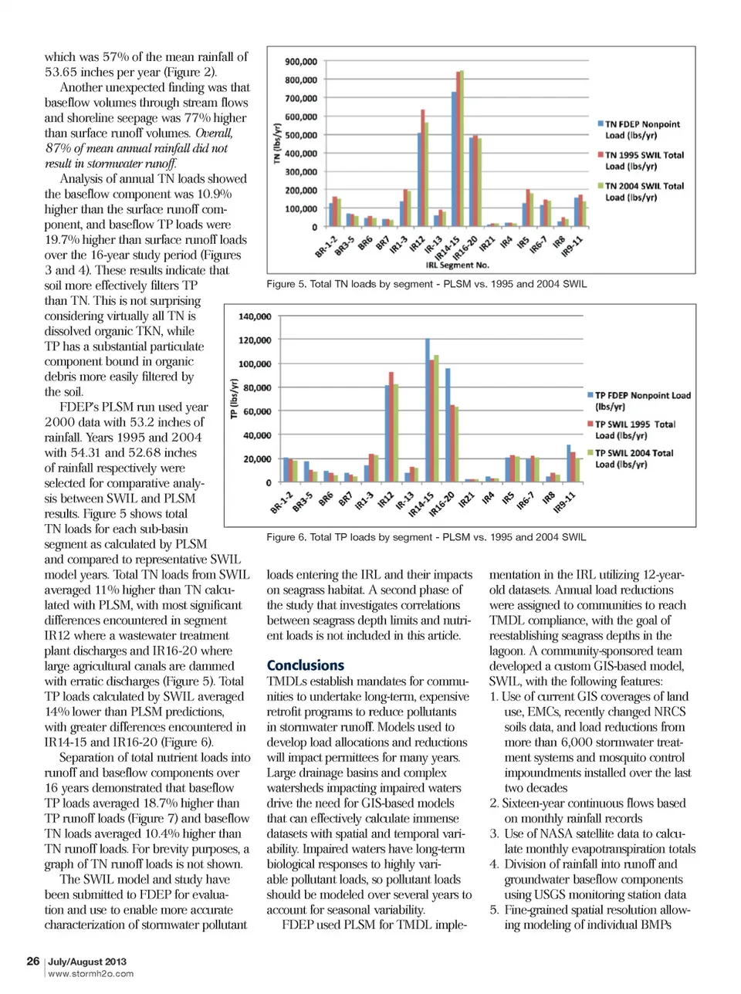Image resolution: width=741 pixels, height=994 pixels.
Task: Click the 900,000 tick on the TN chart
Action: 301,62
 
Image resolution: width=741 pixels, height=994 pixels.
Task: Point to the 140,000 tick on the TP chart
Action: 255,316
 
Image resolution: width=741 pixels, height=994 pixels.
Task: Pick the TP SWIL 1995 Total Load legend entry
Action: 634,430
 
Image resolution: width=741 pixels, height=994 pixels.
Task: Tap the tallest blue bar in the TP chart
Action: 428,409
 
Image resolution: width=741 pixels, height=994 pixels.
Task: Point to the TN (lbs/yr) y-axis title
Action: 276,143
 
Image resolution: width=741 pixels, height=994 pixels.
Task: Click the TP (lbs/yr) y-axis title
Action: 234,399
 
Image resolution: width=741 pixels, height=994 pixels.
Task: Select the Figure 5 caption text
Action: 426,284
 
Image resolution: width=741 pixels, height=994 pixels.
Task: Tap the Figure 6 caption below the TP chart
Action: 426,537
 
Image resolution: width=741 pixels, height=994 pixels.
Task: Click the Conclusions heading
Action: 306,665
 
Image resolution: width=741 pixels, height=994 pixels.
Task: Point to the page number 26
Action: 33,961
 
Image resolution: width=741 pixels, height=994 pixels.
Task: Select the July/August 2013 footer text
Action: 87,962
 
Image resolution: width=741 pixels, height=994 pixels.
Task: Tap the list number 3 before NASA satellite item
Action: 494,833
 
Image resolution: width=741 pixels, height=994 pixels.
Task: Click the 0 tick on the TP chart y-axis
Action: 269,483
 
